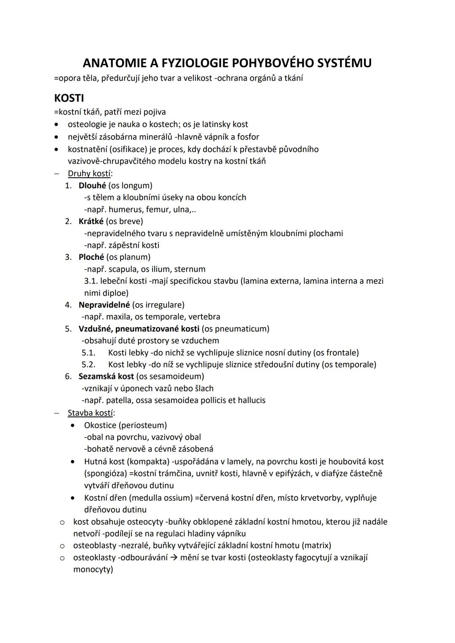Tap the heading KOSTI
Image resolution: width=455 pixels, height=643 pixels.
tap(69, 98)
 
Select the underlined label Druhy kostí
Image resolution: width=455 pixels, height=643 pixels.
tap(89, 173)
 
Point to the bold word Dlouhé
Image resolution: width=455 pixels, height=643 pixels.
tap(92, 185)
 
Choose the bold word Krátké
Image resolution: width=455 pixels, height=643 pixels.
tap(91, 221)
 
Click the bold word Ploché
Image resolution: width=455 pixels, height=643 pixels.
tap(91, 257)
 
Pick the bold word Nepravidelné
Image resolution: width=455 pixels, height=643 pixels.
tap(104, 304)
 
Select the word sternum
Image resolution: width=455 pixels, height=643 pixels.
tap(190, 269)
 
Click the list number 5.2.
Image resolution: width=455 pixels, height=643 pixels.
tap(88, 364)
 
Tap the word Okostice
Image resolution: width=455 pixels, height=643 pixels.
tap(100, 425)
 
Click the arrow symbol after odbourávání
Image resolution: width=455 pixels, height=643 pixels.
tap(174, 558)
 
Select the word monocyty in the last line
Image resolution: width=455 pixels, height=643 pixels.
tap(93, 570)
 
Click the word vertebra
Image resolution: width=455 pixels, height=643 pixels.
tap(204, 317)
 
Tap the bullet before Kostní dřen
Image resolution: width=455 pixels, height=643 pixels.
tap(74, 498)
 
